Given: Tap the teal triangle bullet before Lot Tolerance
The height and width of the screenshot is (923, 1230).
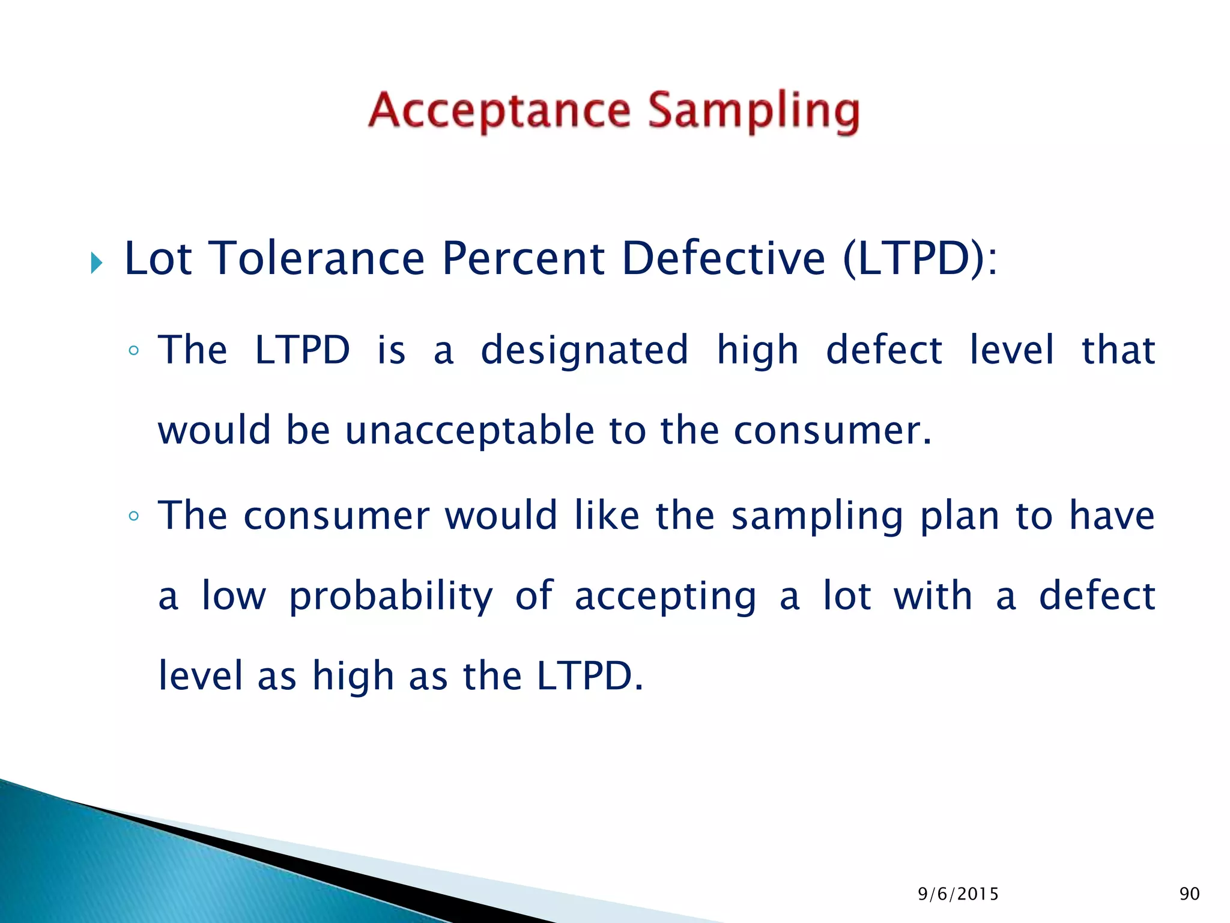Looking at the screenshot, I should [x=96, y=263].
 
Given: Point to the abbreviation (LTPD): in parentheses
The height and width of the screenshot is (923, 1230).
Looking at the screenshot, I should [x=919, y=259].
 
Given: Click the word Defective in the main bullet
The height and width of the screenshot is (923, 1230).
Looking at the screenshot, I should [x=724, y=259].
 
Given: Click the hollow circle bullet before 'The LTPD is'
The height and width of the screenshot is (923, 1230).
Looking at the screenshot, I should [x=134, y=351].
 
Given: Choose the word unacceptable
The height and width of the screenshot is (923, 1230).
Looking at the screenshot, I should [x=470, y=430].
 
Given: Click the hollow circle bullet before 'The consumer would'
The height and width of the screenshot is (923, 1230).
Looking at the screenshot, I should [x=134, y=516].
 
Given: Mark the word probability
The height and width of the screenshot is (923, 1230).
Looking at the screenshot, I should [x=391, y=596].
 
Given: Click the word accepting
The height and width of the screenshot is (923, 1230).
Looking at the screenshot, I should [x=665, y=596].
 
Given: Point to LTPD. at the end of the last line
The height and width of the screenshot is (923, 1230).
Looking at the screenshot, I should [x=590, y=676].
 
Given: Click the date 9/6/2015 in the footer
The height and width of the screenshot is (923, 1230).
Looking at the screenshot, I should [x=958, y=894].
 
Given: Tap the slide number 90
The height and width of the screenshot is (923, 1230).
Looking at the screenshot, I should [x=1189, y=894].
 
